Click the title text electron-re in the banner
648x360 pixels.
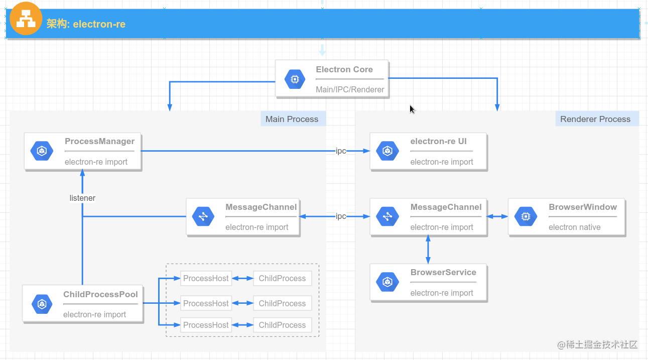tap(86, 24)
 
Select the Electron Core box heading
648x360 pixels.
tap(344, 70)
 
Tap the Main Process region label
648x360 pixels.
tap(292, 119)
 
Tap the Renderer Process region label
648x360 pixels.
tap(595, 119)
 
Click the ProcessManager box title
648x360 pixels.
tap(99, 142)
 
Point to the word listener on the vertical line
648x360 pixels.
tap(82, 198)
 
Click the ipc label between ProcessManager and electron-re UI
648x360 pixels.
tap(341, 151)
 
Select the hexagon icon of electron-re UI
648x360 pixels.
tap(387, 151)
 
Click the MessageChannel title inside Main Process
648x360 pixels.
tap(261, 207)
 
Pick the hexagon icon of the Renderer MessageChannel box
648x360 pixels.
tap(387, 216)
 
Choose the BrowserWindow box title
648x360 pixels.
tap(582, 207)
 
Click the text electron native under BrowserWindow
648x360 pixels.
tap(574, 227)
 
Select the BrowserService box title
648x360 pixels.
tap(443, 273)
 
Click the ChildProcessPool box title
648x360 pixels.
tap(100, 295)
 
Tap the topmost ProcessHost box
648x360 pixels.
tap(206, 278)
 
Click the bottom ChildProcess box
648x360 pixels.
tap(282, 325)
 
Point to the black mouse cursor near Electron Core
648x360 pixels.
tap(412, 109)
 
